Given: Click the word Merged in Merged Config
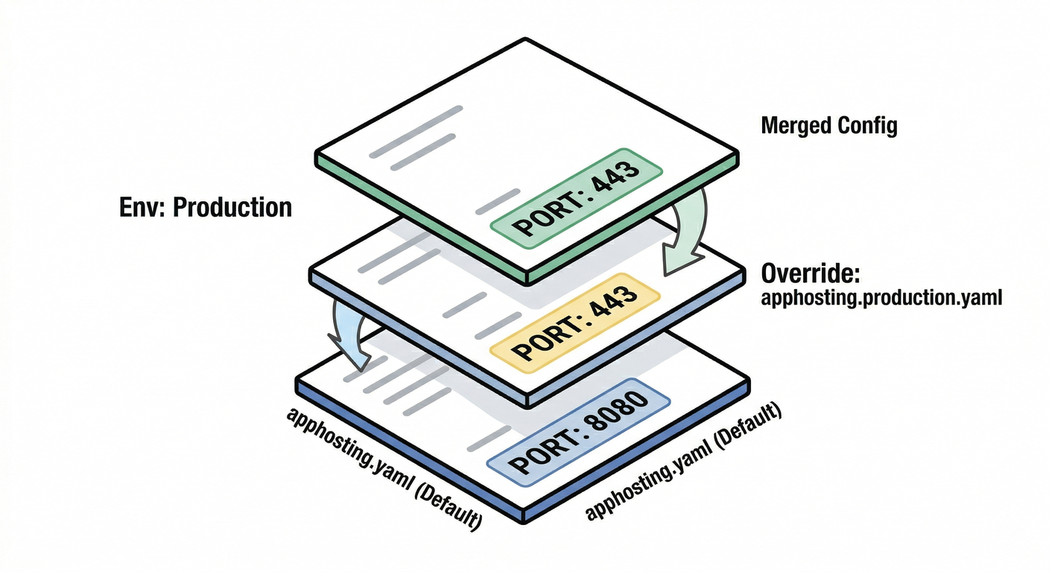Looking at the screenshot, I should [795, 126].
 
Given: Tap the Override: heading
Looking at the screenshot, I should [811, 274].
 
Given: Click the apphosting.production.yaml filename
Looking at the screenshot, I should [881, 299].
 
